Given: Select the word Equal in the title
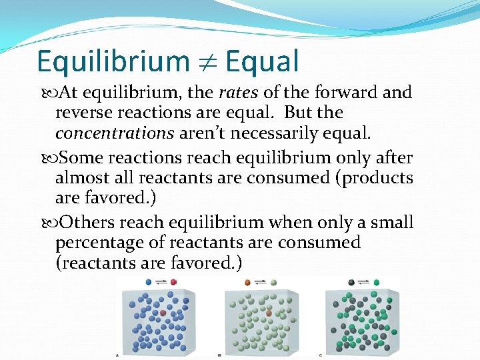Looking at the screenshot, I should pos(262,62).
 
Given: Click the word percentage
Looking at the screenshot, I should pos(101,243).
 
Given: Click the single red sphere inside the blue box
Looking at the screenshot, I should pos(163,313).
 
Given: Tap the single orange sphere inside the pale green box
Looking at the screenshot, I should pos(269,312).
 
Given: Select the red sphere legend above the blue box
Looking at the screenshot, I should pos(174,282).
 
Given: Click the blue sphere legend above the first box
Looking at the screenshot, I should pos(148,282).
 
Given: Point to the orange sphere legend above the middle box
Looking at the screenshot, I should pos(247,282).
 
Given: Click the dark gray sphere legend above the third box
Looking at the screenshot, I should pos(351,282).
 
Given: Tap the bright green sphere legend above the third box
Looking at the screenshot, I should pos(377,282).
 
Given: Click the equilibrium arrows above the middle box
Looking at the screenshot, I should pos(261,282).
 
